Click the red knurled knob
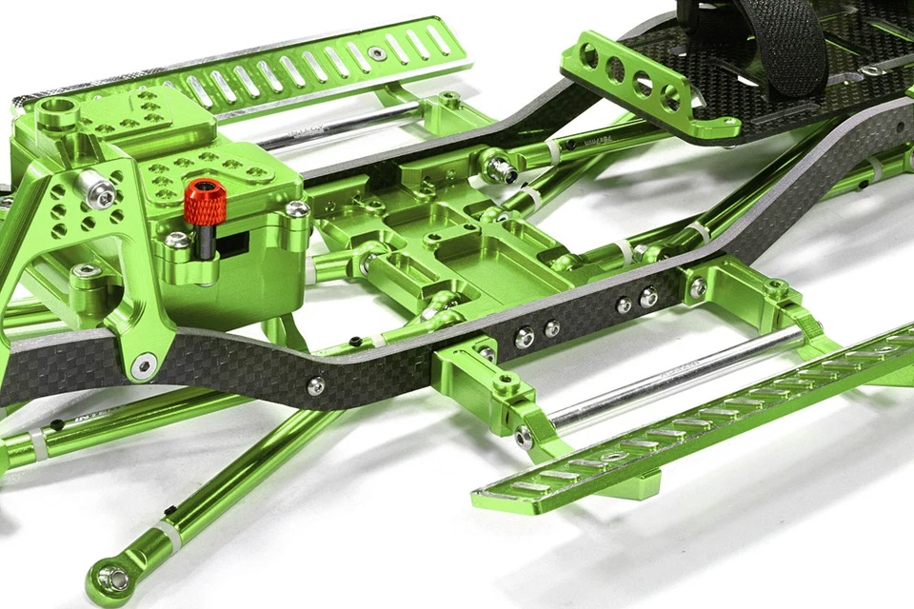click(x=204, y=202)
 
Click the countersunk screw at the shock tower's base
click(x=144, y=364)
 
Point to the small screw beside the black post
click(x=178, y=240)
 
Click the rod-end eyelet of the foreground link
click(x=113, y=578)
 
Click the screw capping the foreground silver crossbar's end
click(x=524, y=438)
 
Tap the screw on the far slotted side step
click(x=378, y=53)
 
